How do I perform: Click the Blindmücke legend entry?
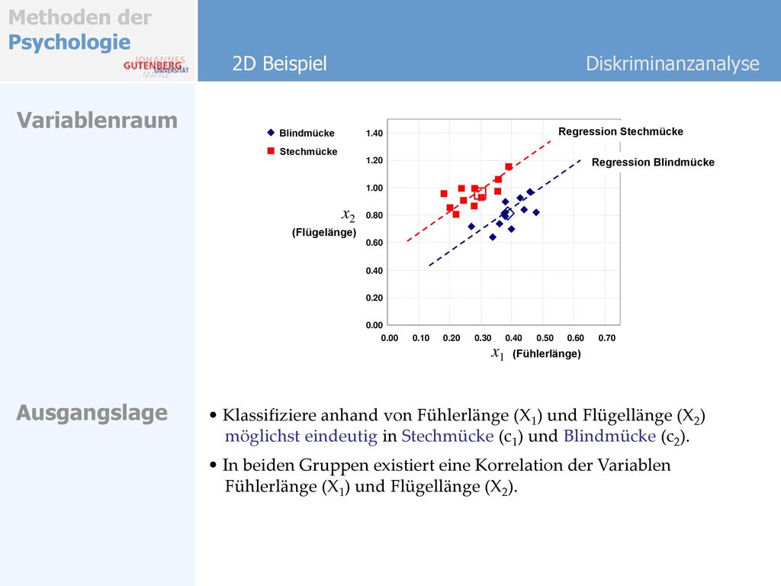(x=301, y=133)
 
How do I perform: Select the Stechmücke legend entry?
(x=302, y=152)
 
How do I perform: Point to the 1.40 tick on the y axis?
(x=374, y=133)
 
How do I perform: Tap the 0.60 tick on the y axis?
(x=374, y=243)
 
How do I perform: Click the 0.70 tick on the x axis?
(x=606, y=338)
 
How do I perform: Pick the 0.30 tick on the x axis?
(x=483, y=338)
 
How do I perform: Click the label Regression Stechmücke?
(x=621, y=131)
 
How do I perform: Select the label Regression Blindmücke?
(x=653, y=163)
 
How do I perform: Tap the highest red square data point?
(x=509, y=167)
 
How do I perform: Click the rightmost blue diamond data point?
(x=536, y=213)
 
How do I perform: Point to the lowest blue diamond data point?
(x=493, y=237)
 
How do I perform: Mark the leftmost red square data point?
(x=444, y=194)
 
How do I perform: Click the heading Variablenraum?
(x=97, y=121)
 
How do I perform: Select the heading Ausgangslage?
(x=92, y=413)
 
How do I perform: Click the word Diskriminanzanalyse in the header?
(x=673, y=64)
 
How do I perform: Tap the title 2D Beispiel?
(x=279, y=64)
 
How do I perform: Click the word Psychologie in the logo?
(x=69, y=43)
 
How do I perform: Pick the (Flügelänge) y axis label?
(x=324, y=233)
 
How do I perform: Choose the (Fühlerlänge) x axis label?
(x=546, y=354)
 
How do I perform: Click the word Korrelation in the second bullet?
(x=533, y=465)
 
